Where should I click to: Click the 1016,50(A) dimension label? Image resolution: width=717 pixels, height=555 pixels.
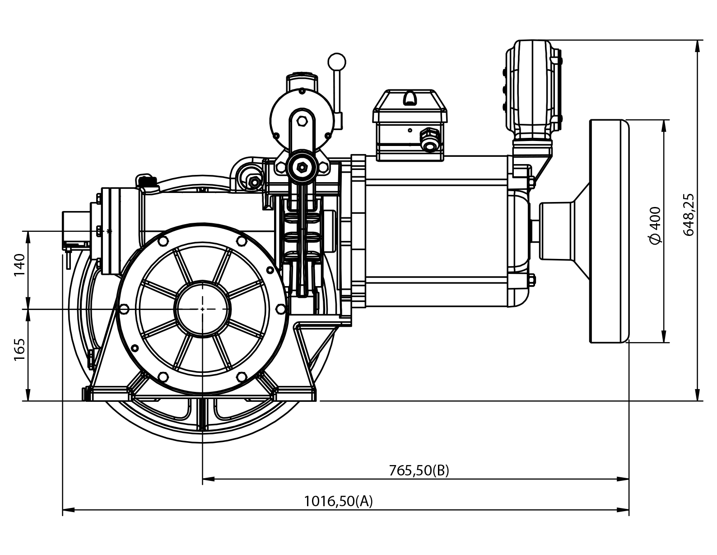[338, 501]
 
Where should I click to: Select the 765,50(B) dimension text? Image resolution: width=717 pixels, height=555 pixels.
[419, 470]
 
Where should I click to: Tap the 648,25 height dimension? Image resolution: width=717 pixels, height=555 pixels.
[689, 214]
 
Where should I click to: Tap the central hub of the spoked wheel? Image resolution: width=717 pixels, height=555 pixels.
[203, 309]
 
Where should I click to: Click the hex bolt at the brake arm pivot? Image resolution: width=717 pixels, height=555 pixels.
[300, 167]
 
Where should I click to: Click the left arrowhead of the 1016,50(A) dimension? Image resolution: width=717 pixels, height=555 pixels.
[66, 511]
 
